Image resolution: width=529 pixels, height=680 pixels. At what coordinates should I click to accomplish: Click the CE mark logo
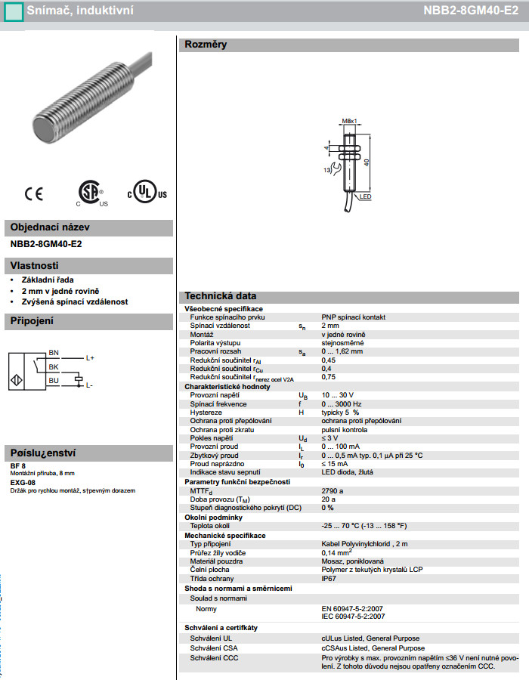tap(34, 193)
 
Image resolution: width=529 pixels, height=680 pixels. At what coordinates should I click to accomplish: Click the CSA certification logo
tap(91, 193)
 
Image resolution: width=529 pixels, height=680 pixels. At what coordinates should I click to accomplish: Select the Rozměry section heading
tap(206, 45)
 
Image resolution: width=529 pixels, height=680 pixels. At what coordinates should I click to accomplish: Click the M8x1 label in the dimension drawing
tap(348, 121)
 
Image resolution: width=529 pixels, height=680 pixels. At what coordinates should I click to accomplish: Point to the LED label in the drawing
tap(366, 196)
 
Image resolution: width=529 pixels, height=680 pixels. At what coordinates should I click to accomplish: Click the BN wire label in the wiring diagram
tap(53, 353)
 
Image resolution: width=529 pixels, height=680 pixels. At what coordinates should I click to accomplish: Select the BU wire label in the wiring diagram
tap(53, 380)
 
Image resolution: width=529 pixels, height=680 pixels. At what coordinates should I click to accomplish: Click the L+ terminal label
tap(90, 357)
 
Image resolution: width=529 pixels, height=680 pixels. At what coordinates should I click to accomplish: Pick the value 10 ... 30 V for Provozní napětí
tap(337, 395)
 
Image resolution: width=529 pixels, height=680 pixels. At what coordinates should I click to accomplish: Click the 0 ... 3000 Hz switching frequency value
tap(341, 404)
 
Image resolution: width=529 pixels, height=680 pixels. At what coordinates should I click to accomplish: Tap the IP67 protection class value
tap(329, 578)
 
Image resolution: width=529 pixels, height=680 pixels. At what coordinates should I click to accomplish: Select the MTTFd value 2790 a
tap(333, 490)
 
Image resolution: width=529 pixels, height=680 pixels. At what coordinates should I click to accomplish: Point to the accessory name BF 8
tap(18, 465)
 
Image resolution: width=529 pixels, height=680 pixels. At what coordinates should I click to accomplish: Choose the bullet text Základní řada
tap(48, 280)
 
